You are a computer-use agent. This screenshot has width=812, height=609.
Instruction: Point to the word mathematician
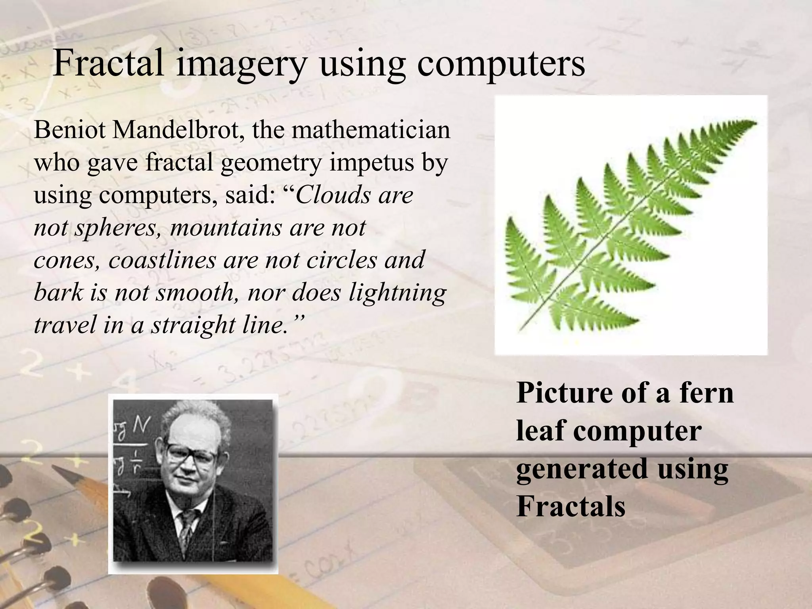tap(371, 130)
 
